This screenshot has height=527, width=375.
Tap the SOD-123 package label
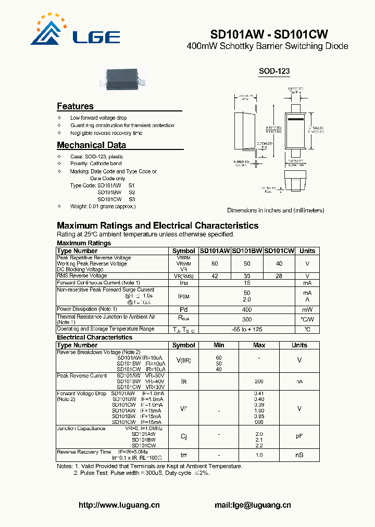(274, 71)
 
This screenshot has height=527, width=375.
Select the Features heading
(75, 106)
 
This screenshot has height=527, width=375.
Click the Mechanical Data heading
(91, 145)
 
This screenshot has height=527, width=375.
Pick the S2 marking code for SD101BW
(131, 192)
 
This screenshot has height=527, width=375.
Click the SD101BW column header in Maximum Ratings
(247, 250)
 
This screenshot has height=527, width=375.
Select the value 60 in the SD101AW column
(215, 264)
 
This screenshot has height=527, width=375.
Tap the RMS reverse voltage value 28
(279, 276)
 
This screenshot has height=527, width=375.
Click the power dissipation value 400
(247, 309)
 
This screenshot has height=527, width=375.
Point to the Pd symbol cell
(183, 309)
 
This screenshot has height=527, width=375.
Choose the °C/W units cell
(307, 319)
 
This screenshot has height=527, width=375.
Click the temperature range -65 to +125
(247, 329)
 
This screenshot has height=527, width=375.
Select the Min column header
(219, 345)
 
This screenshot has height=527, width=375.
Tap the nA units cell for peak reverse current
(299, 382)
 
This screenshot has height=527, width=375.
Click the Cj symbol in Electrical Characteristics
(183, 436)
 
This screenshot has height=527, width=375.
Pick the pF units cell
(299, 436)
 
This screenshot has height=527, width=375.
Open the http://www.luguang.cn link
(119, 505)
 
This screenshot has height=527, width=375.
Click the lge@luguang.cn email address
(253, 505)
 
